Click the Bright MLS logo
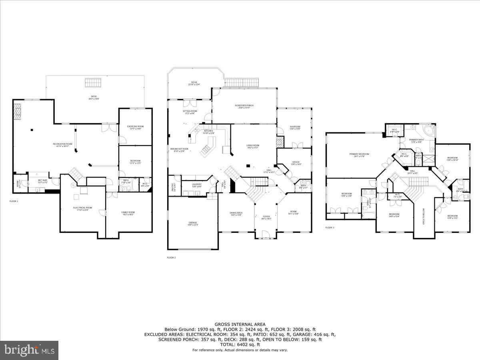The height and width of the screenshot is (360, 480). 29,350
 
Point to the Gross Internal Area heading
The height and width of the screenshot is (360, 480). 240,324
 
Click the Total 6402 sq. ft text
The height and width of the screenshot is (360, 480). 240,344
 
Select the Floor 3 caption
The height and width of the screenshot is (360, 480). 330,228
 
